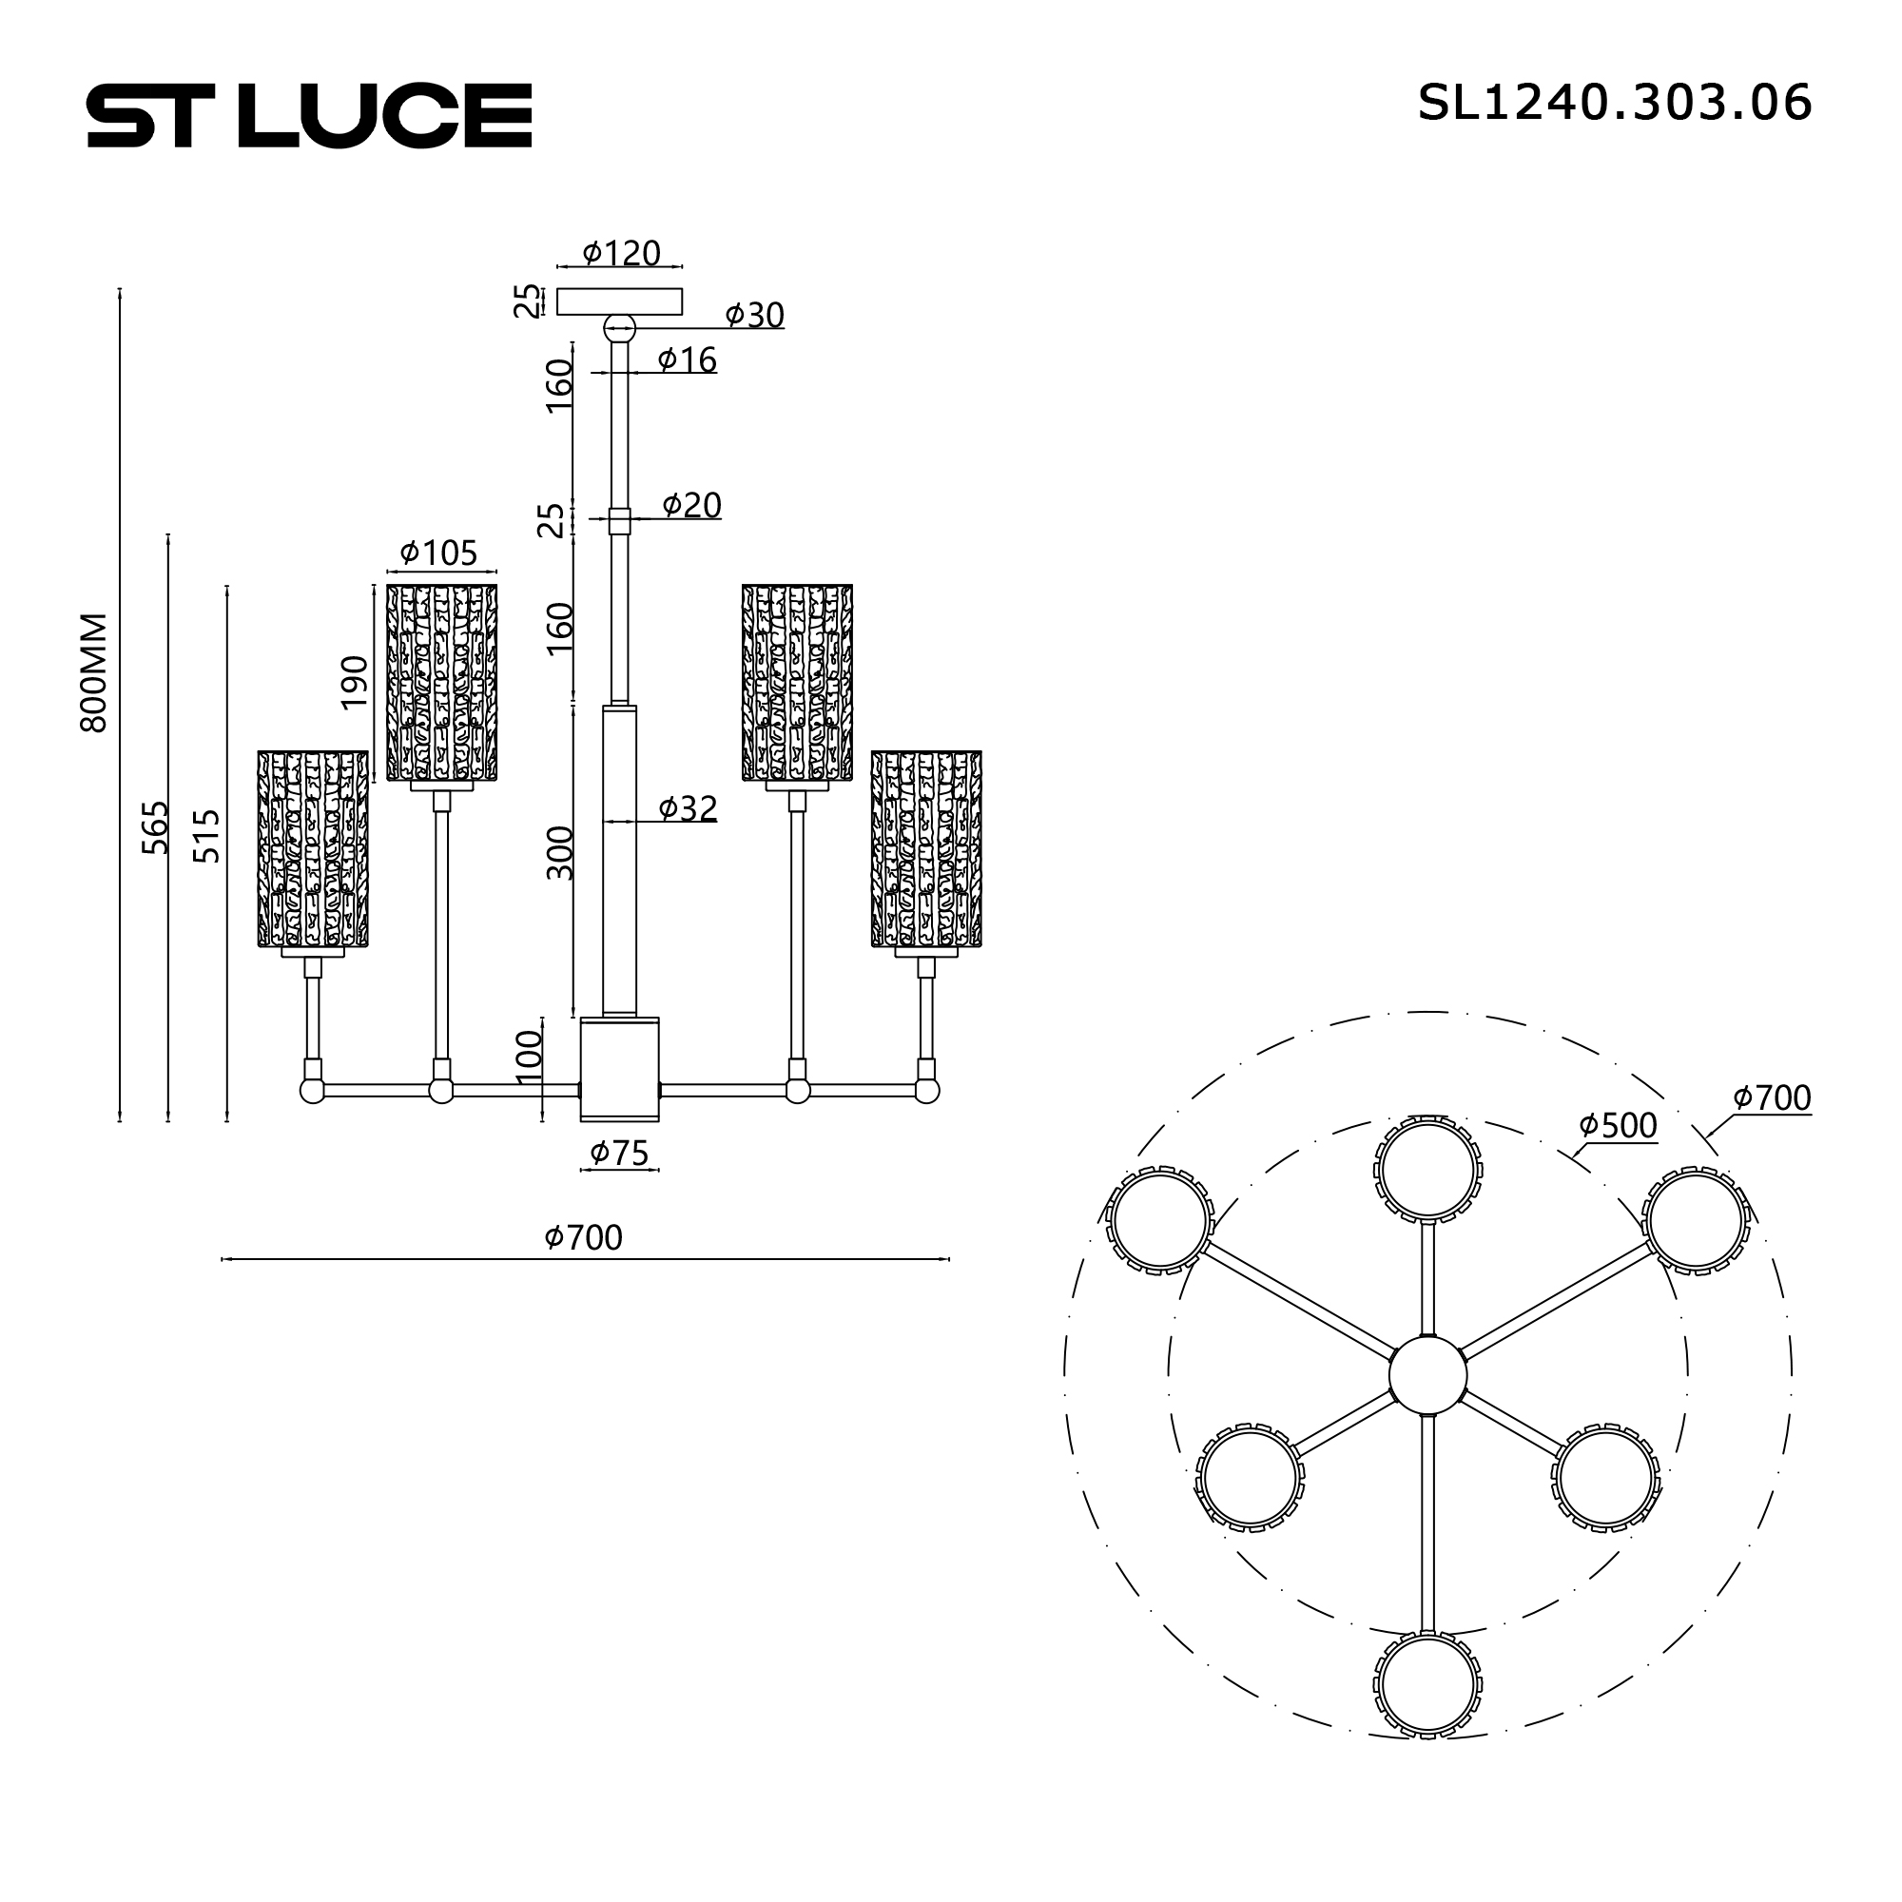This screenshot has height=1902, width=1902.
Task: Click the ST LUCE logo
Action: point(309,115)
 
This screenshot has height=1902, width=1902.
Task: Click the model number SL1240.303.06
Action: point(1614,103)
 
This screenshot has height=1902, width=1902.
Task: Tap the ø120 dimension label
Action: point(621,253)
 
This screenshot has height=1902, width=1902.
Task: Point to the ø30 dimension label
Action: point(754,315)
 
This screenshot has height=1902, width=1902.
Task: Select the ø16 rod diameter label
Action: point(688,360)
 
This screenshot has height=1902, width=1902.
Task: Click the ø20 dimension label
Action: point(691,505)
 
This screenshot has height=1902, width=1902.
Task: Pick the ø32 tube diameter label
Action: point(688,808)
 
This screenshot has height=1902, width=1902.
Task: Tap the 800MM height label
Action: point(93,671)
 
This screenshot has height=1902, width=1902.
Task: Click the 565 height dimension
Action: point(155,827)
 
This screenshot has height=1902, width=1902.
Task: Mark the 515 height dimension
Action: point(205,836)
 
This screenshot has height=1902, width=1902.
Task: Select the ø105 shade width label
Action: point(439,553)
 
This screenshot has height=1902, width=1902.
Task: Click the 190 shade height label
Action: point(355,681)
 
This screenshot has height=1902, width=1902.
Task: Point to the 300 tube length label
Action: point(559,852)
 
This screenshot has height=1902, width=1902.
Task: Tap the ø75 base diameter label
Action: point(619,1153)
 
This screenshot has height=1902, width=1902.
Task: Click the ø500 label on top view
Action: point(1618,1125)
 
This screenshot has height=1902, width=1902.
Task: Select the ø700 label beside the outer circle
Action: point(1771,1097)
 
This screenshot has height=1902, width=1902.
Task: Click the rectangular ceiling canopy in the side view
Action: point(619,301)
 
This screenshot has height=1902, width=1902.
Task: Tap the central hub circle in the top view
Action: point(1427,1375)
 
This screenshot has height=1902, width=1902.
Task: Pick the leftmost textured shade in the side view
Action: point(313,848)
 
